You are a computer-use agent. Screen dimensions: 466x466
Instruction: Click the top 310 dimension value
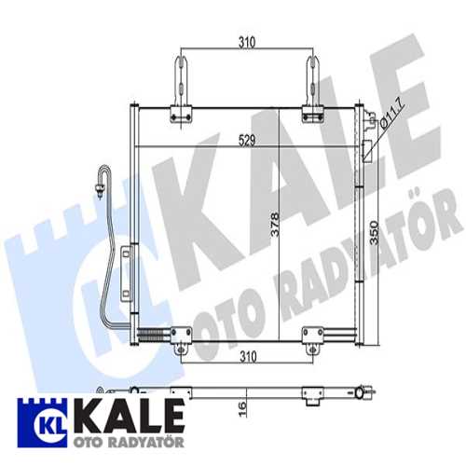coord(245,43)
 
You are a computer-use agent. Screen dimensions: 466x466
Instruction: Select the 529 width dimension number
coord(245,140)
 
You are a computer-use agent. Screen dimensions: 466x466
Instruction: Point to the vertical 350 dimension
coord(376,233)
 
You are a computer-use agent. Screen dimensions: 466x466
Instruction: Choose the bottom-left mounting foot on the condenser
coord(183,337)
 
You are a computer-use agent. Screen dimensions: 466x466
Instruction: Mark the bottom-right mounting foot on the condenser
coord(313,337)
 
